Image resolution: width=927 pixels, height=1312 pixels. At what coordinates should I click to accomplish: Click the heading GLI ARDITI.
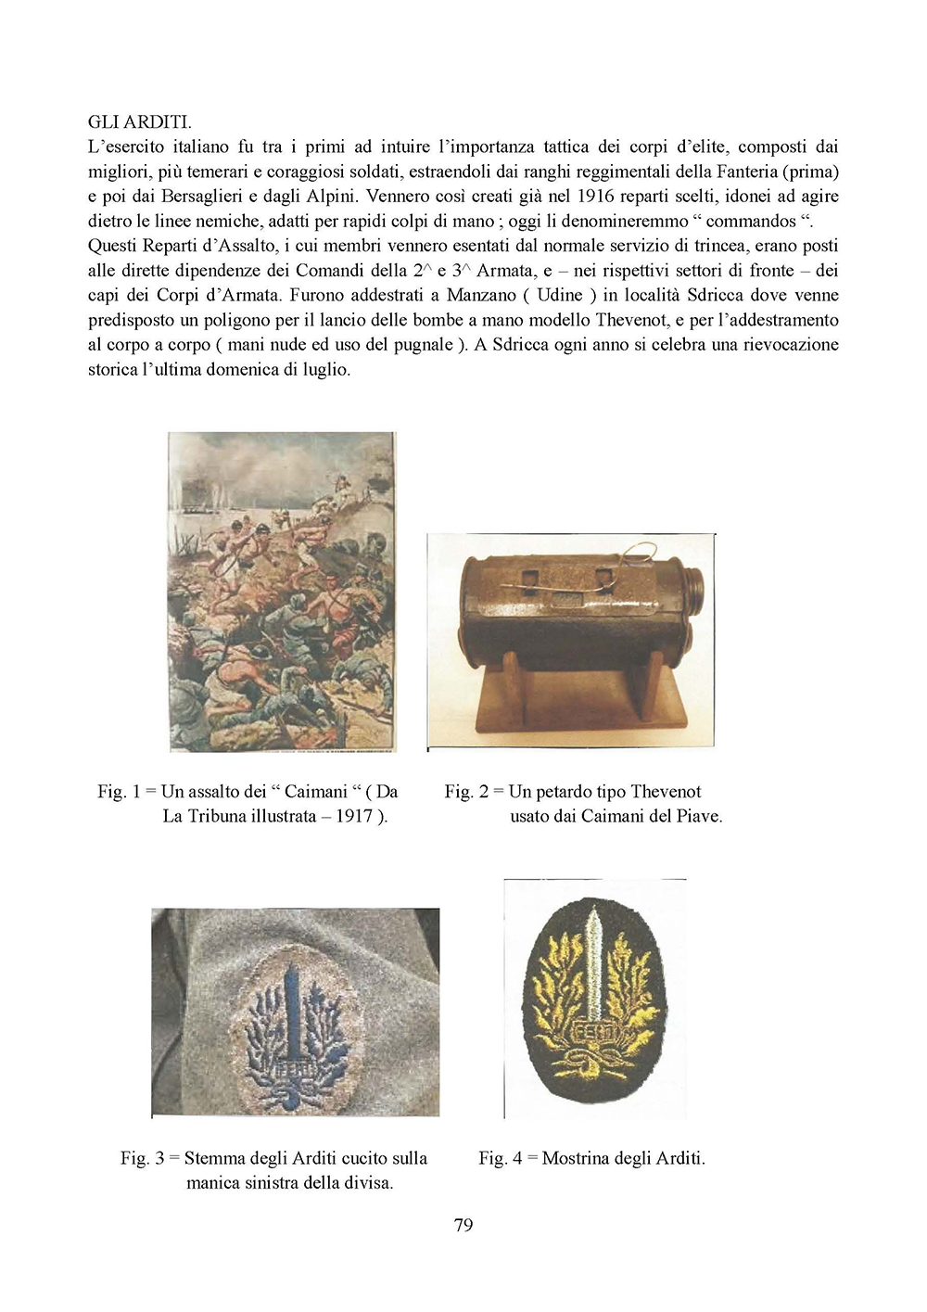point(139,121)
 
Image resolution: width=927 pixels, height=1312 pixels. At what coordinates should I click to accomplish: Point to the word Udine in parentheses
point(560,295)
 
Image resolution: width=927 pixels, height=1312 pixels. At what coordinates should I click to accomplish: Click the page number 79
point(463,1225)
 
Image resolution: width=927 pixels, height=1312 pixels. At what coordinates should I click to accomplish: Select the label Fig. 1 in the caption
point(119,791)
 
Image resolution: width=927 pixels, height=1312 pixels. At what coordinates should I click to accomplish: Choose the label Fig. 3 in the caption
point(142,1158)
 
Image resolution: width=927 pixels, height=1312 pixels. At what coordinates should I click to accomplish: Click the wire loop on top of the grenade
point(640,554)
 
